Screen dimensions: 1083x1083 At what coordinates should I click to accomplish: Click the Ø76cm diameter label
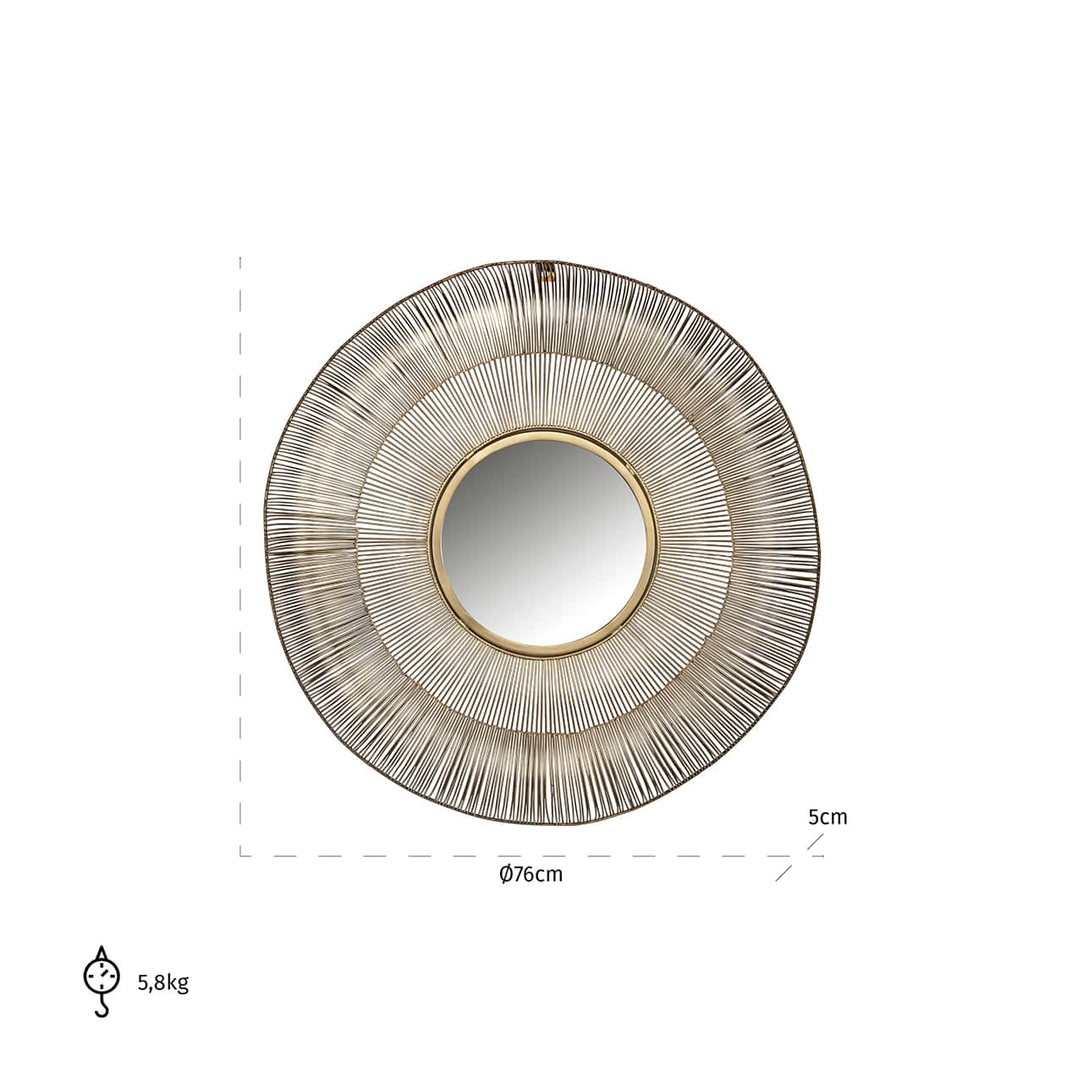531,875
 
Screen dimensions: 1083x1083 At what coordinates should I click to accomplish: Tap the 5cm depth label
827,817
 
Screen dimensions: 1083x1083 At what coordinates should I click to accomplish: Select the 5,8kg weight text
163,983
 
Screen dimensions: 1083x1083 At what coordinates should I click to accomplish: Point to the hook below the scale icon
102,1008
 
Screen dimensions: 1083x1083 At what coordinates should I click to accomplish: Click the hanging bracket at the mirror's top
547,271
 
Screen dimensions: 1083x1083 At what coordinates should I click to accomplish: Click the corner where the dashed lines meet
241,855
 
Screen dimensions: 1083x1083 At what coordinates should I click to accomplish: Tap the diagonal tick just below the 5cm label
815,842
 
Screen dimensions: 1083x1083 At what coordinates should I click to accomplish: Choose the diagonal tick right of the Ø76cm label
784,873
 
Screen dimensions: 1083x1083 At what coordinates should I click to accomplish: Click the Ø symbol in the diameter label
505,875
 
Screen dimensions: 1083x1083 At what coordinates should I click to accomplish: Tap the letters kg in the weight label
178,984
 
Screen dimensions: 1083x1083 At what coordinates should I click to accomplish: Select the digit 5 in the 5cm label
813,817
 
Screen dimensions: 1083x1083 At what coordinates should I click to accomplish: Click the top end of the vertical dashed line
240,259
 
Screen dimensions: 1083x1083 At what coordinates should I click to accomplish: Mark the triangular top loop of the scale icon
102,954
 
